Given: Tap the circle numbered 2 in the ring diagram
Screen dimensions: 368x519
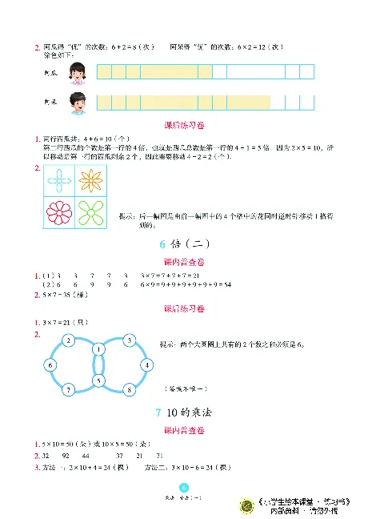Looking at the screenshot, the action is [x=70, y=341].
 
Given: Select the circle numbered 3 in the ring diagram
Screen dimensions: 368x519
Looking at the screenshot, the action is [x=128, y=341].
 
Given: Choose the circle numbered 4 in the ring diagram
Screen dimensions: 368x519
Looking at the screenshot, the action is [x=147, y=365].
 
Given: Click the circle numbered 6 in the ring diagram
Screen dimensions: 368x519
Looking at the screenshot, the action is [x=50, y=365].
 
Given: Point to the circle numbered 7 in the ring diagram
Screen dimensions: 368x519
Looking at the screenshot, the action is [x=70, y=389].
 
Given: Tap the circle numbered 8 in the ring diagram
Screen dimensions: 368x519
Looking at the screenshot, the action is [x=128, y=389].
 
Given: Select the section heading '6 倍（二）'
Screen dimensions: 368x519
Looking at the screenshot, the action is [x=183, y=247].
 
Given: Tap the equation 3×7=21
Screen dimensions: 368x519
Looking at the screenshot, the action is [x=64, y=323].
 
